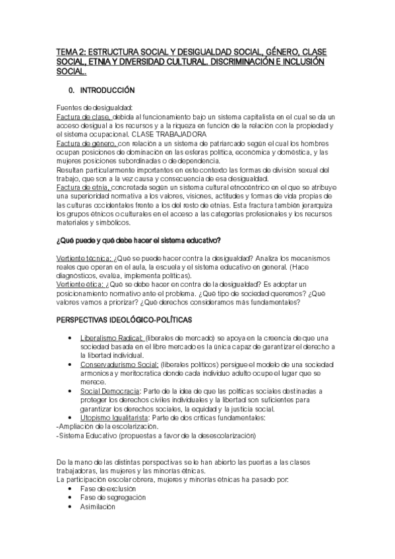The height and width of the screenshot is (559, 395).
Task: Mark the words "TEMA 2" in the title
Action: (71, 51)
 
